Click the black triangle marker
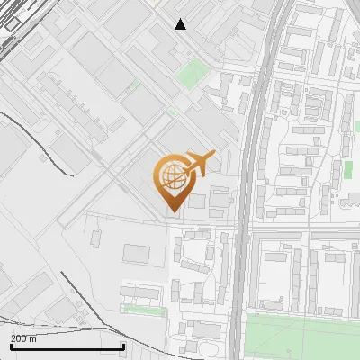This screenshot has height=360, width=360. pyautogui.click(x=181, y=24)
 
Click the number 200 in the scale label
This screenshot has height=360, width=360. pyautogui.click(x=18, y=338)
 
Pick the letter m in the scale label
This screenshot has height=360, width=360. pyautogui.click(x=33, y=338)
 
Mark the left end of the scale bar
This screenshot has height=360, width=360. pyautogui.click(x=11, y=346)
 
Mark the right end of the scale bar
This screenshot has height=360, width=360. pyautogui.click(x=123, y=346)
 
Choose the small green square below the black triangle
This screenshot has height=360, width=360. pyautogui.click(x=190, y=75)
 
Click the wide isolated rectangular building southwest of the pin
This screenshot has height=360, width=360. pyautogui.click(x=136, y=254)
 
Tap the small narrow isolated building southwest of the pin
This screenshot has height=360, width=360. pyautogui.click(x=97, y=237)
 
